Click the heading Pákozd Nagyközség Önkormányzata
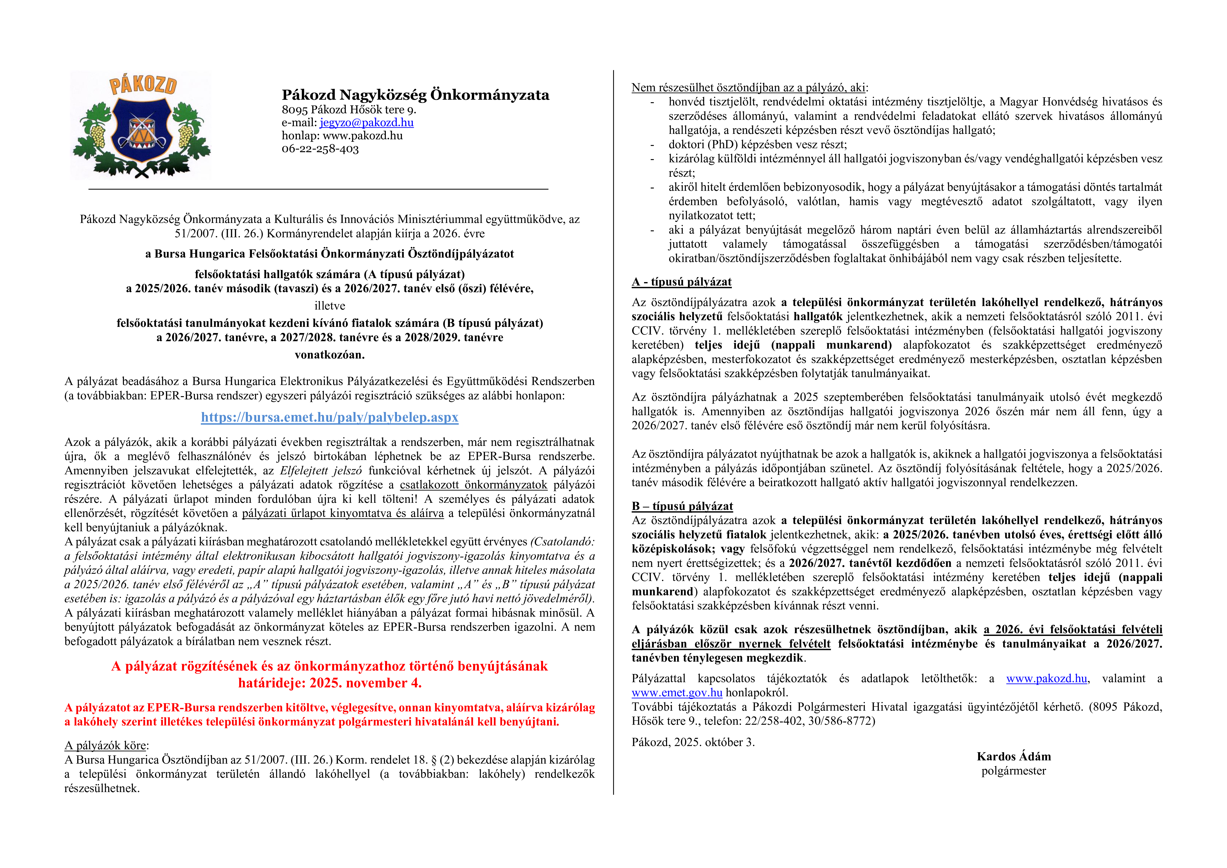point(415,95)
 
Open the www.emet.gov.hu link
point(676,693)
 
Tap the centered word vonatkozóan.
point(330,355)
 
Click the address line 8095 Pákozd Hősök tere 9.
point(348,110)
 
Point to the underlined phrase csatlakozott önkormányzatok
point(473,485)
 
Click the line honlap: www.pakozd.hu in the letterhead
point(342,136)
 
